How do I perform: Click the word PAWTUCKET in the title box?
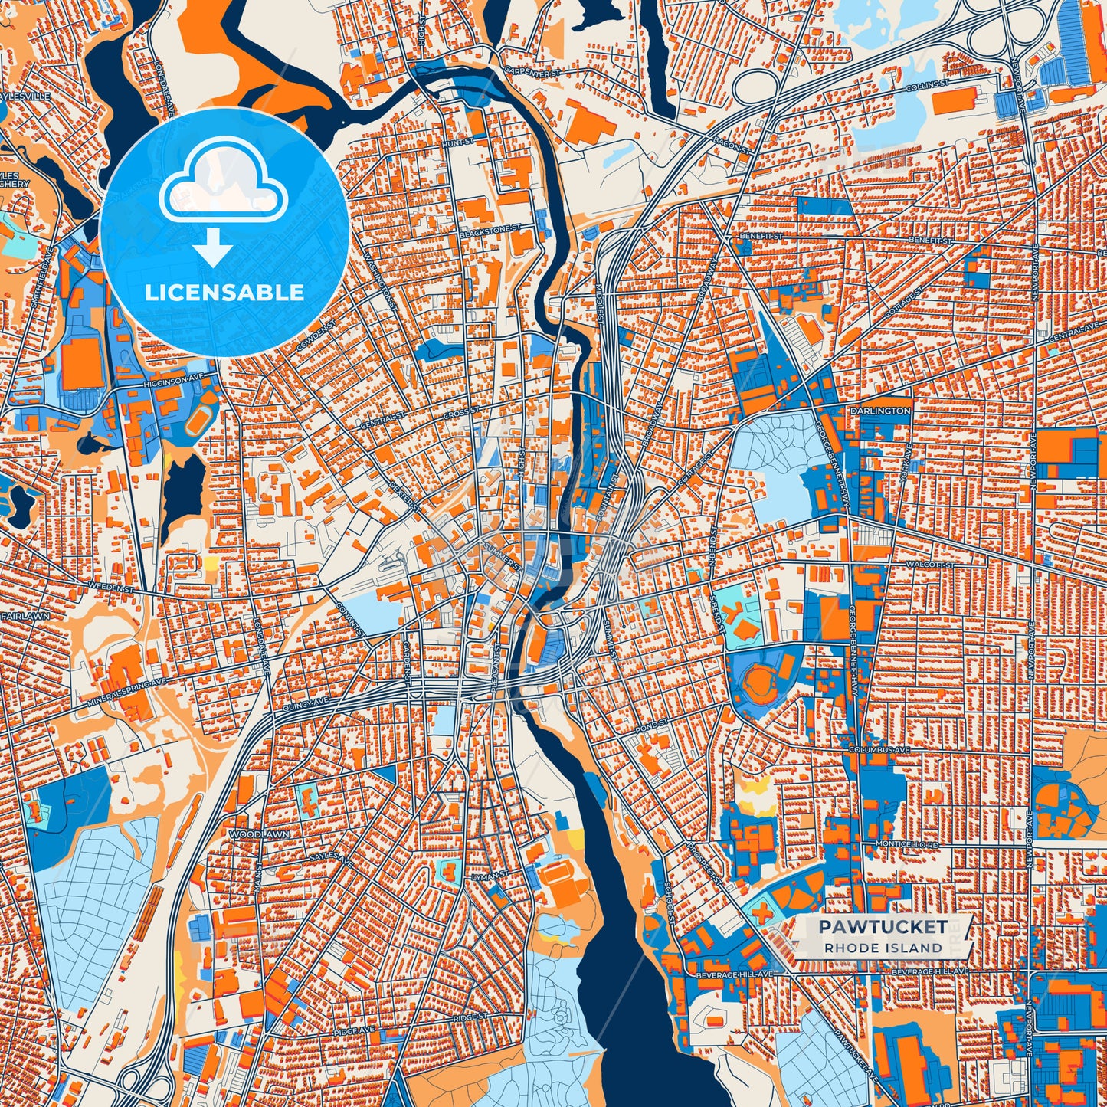tap(883, 926)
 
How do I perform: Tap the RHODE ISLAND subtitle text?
tap(883, 948)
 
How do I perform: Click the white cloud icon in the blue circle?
tap(223, 188)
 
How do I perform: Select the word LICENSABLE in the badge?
tap(224, 293)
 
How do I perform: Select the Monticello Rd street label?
tap(906, 843)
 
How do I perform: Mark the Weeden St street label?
tap(111, 587)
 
